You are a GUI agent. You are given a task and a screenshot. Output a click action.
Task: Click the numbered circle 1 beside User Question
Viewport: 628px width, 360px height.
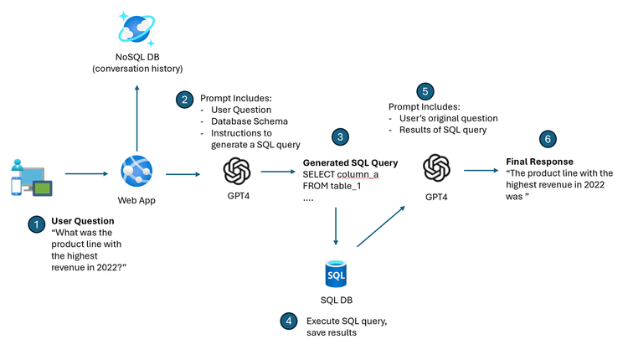click(36, 224)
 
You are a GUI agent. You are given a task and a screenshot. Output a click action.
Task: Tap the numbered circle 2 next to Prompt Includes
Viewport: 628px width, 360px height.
click(184, 99)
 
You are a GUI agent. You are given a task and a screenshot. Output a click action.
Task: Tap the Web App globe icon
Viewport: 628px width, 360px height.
click(137, 172)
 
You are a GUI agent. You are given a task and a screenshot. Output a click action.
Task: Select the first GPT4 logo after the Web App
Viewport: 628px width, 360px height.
click(237, 172)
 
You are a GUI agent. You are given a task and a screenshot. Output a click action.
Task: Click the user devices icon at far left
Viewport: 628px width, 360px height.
click(30, 177)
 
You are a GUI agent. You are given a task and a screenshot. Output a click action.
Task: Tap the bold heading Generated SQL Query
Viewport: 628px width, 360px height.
click(350, 162)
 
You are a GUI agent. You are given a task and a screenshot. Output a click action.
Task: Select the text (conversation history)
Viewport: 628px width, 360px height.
click(137, 68)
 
